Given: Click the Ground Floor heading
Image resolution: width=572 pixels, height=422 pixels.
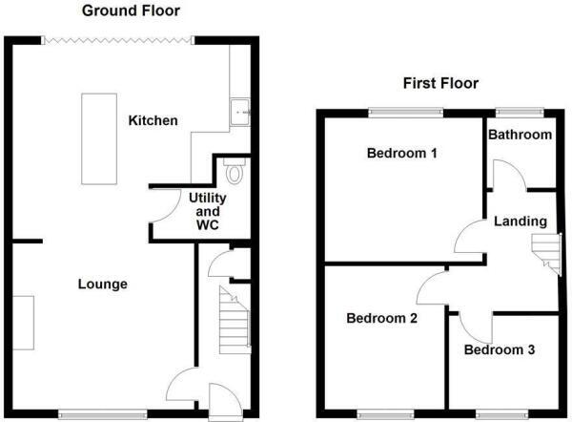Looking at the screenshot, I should tap(130, 11).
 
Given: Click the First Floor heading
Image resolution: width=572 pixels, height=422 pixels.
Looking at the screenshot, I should tap(439, 83).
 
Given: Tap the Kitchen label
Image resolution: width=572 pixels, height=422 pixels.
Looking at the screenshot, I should tap(153, 120).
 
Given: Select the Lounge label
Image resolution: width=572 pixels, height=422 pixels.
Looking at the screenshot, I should tap(102, 284).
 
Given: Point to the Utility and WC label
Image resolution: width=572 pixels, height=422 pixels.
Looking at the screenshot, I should tap(208, 210).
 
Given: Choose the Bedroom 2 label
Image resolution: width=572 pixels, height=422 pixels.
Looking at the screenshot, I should tap(381, 318).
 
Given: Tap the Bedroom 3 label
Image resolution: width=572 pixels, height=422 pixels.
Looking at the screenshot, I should tap(500, 349).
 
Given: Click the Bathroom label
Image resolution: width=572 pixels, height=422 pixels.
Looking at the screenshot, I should tap(520, 135).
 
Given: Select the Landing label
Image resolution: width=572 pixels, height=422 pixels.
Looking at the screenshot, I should tap(520, 222).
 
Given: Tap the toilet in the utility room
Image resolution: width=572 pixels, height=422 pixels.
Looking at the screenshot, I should tap(235, 172).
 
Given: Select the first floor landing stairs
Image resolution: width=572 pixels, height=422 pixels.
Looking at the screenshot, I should tap(544, 253).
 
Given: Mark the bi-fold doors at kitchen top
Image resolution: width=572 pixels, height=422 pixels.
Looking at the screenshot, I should tap(117, 39).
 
